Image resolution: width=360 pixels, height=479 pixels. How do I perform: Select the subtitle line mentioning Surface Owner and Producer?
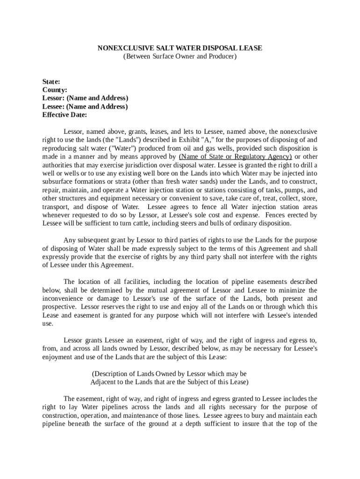180,57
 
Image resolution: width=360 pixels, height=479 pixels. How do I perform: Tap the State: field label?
51,81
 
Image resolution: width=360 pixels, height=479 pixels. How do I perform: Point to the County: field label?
55,90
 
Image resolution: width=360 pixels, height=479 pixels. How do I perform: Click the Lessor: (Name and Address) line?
85,98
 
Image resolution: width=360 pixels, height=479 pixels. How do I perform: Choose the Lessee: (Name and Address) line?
85,107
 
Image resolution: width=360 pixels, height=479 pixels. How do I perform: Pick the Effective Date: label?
65,115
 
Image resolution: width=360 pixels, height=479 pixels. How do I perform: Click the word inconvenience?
64,298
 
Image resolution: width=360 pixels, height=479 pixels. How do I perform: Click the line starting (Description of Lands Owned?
169,374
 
